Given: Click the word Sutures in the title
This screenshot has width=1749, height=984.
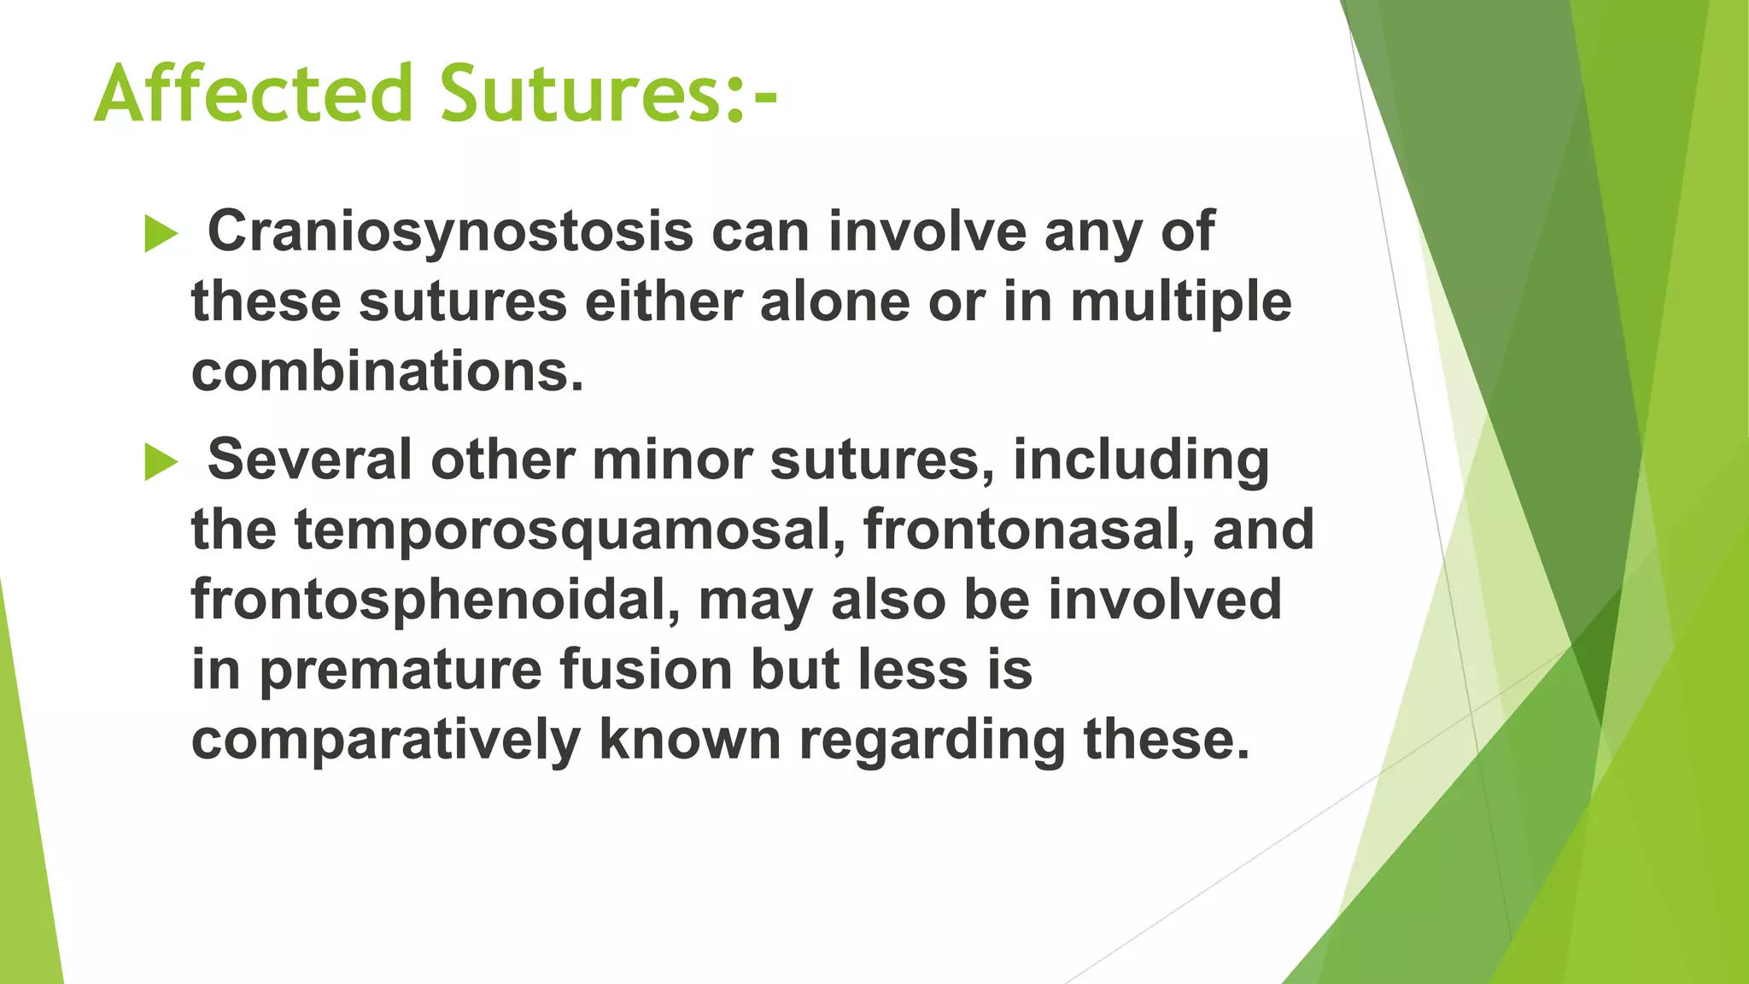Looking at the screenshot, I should coord(581,94).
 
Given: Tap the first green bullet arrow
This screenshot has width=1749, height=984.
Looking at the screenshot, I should coord(161,233).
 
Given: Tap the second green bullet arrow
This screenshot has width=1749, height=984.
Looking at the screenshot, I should coord(161,462).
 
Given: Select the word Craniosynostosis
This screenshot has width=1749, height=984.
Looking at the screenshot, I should coord(450,232).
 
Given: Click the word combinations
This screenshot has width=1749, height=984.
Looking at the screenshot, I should coord(387,372).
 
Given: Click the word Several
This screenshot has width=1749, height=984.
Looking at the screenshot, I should coord(309,460).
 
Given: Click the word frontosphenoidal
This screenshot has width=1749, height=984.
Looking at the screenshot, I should coord(435,600).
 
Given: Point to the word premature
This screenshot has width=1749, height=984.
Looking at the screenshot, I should coord(401,671).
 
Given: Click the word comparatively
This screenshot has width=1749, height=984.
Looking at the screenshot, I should coord(385,741).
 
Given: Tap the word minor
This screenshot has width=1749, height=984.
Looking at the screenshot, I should coord(671,460).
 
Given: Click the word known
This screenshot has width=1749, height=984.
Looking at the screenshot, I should coord(690,740).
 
